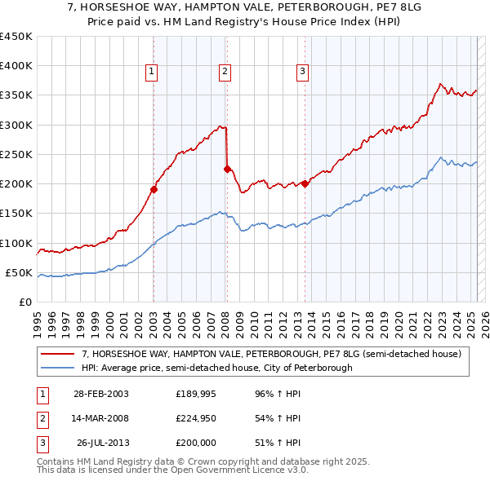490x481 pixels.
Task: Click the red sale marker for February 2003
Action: tap(154, 189)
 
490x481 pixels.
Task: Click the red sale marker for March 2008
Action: tap(227, 169)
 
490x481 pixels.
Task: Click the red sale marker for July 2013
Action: tap(305, 183)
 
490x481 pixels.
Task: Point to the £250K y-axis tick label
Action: tap(16, 154)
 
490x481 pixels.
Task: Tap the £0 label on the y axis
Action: tap(24, 302)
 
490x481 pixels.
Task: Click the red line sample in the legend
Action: tap(58, 354)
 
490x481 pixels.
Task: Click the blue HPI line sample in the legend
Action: tap(58, 368)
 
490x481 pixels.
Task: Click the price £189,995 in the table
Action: tap(194, 394)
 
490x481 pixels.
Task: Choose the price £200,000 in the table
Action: tap(194, 443)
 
